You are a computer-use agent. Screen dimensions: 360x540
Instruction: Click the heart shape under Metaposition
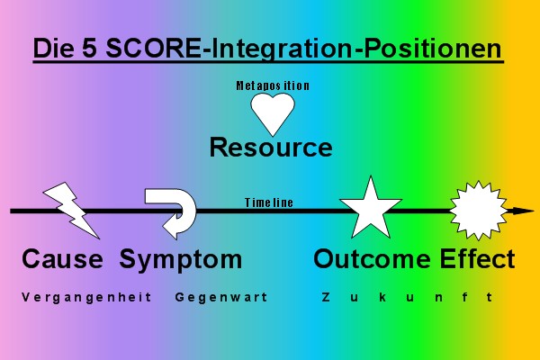[273, 112]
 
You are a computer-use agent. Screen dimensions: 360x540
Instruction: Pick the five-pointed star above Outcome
[370, 209]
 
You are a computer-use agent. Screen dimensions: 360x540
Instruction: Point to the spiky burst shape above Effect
[472, 209]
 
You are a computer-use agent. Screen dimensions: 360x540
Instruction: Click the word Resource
[271, 147]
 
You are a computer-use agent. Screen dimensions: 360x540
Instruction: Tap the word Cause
[62, 260]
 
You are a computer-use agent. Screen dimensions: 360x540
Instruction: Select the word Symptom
[181, 260]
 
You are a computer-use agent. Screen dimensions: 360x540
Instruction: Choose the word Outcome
[373, 260]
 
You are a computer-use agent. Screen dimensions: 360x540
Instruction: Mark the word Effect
[478, 260]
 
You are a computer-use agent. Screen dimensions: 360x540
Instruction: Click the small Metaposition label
[273, 85]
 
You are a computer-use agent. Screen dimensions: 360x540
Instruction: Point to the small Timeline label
[269, 202]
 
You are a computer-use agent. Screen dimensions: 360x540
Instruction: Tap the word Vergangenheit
[86, 297]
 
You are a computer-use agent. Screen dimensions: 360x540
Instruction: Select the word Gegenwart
[222, 297]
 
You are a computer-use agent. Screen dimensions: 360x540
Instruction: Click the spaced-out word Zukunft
[406, 297]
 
